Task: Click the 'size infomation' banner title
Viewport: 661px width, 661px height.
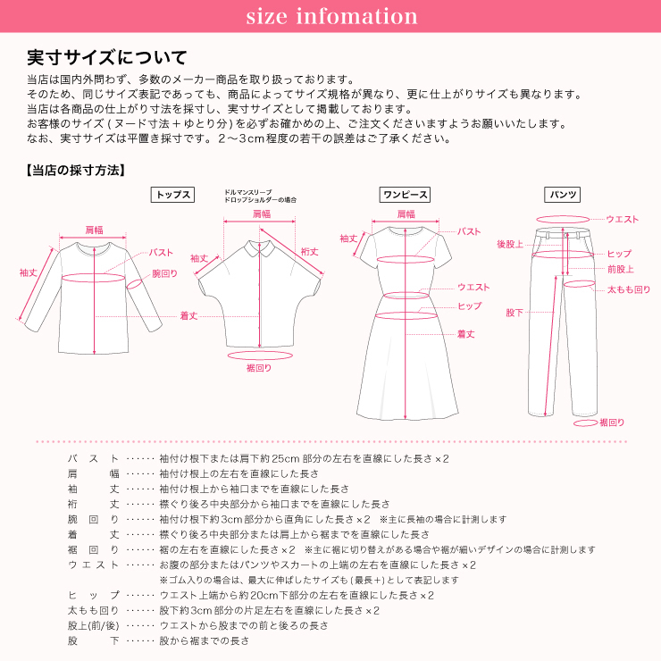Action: [330, 17]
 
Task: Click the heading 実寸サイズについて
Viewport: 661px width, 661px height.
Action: [106, 59]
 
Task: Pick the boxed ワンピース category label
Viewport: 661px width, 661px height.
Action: [406, 195]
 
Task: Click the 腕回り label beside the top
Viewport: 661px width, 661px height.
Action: [164, 273]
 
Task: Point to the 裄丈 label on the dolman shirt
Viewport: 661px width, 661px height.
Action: [310, 252]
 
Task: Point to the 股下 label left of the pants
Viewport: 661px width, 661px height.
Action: [515, 313]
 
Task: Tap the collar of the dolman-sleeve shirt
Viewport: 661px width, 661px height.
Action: [260, 242]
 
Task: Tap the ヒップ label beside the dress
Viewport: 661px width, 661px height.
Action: [469, 306]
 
